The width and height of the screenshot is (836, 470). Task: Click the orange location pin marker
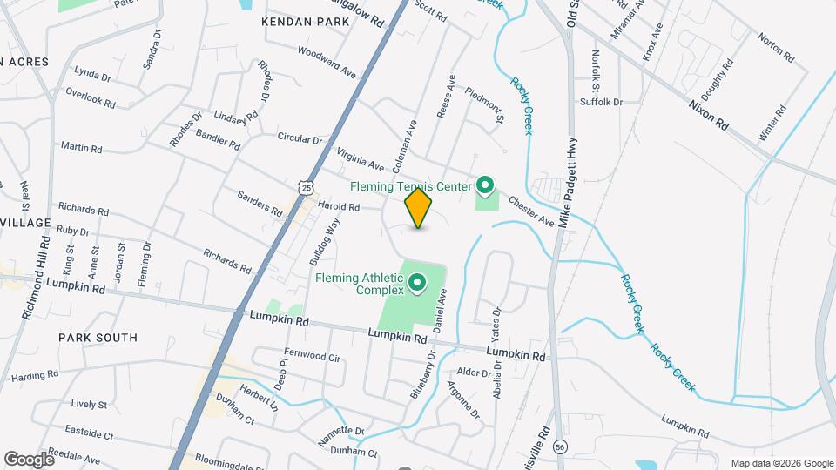coord(418,208)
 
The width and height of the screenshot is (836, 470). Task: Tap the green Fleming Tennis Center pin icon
coord(485,185)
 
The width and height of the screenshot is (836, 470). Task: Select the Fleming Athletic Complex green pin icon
coord(416,282)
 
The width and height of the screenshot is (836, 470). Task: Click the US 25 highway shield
coord(303,186)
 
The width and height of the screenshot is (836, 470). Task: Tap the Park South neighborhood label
coord(98,337)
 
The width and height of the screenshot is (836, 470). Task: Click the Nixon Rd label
coord(708,114)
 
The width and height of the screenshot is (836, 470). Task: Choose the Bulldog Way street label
coord(324,243)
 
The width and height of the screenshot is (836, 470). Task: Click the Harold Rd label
coord(339,207)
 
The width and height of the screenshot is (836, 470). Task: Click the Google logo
coord(29,459)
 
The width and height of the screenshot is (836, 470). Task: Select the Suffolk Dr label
coord(602,102)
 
